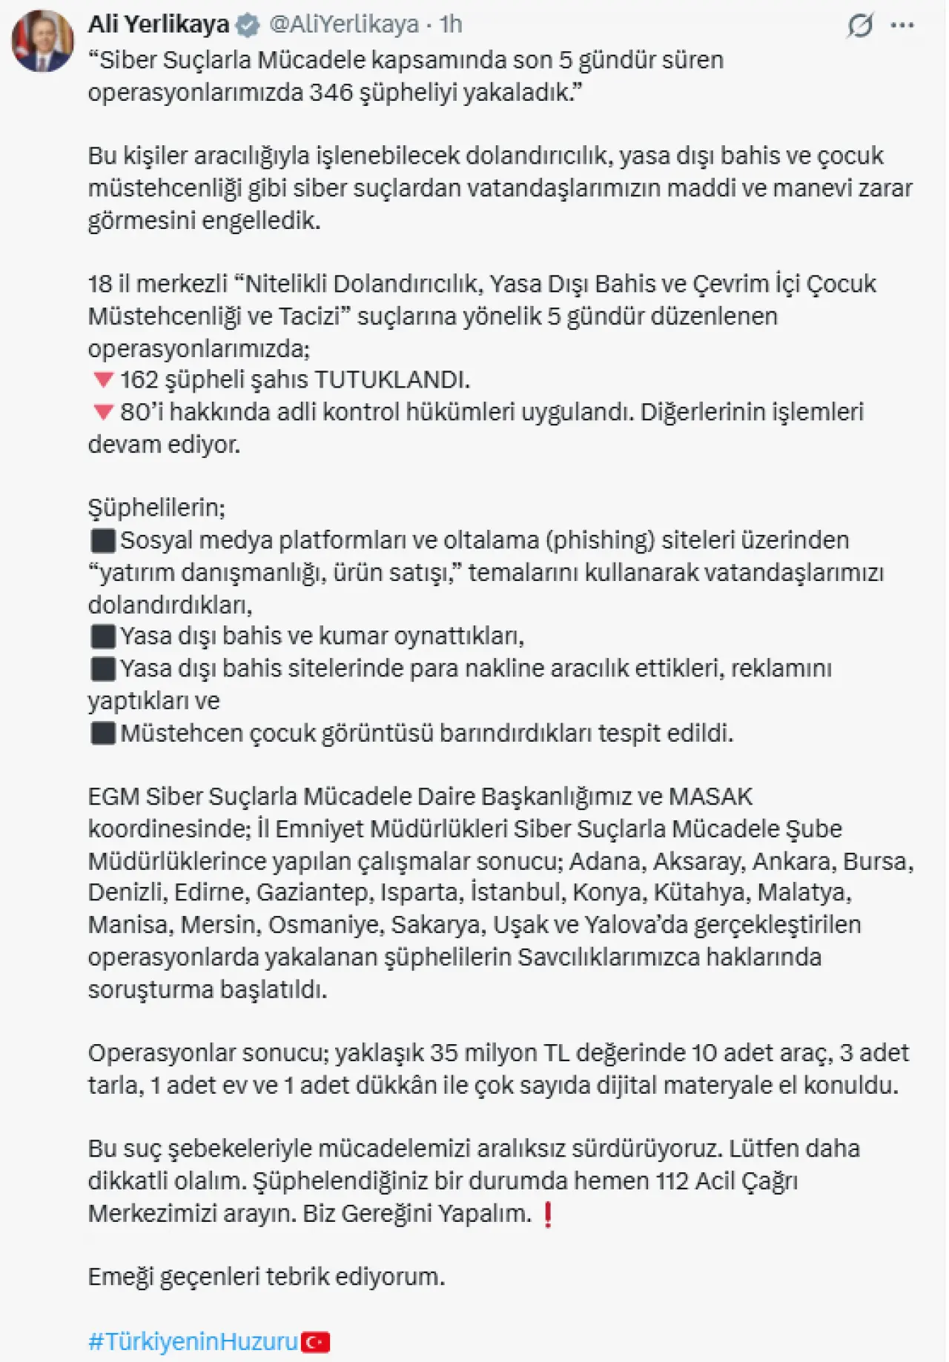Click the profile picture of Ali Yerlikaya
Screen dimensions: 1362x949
coord(42,41)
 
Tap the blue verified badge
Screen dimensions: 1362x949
coord(248,25)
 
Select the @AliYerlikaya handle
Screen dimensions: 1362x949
coord(343,24)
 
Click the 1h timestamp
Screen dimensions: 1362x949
coord(450,24)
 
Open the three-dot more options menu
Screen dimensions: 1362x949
coord(902,26)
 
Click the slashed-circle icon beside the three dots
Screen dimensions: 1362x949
coord(860,26)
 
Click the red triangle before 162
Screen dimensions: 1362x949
coord(102,380)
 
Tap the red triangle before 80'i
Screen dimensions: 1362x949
coord(102,412)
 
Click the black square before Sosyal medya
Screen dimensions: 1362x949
coord(102,541)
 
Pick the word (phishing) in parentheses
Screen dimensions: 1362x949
coord(600,540)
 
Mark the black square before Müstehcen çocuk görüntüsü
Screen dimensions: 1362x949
coord(102,734)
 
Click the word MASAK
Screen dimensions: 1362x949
coord(710,797)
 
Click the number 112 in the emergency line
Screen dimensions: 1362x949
coord(672,1180)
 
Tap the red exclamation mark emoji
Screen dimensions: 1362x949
coord(548,1215)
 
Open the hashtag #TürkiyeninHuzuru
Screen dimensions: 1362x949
coord(193,1341)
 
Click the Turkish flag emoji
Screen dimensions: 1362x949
coord(316,1341)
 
